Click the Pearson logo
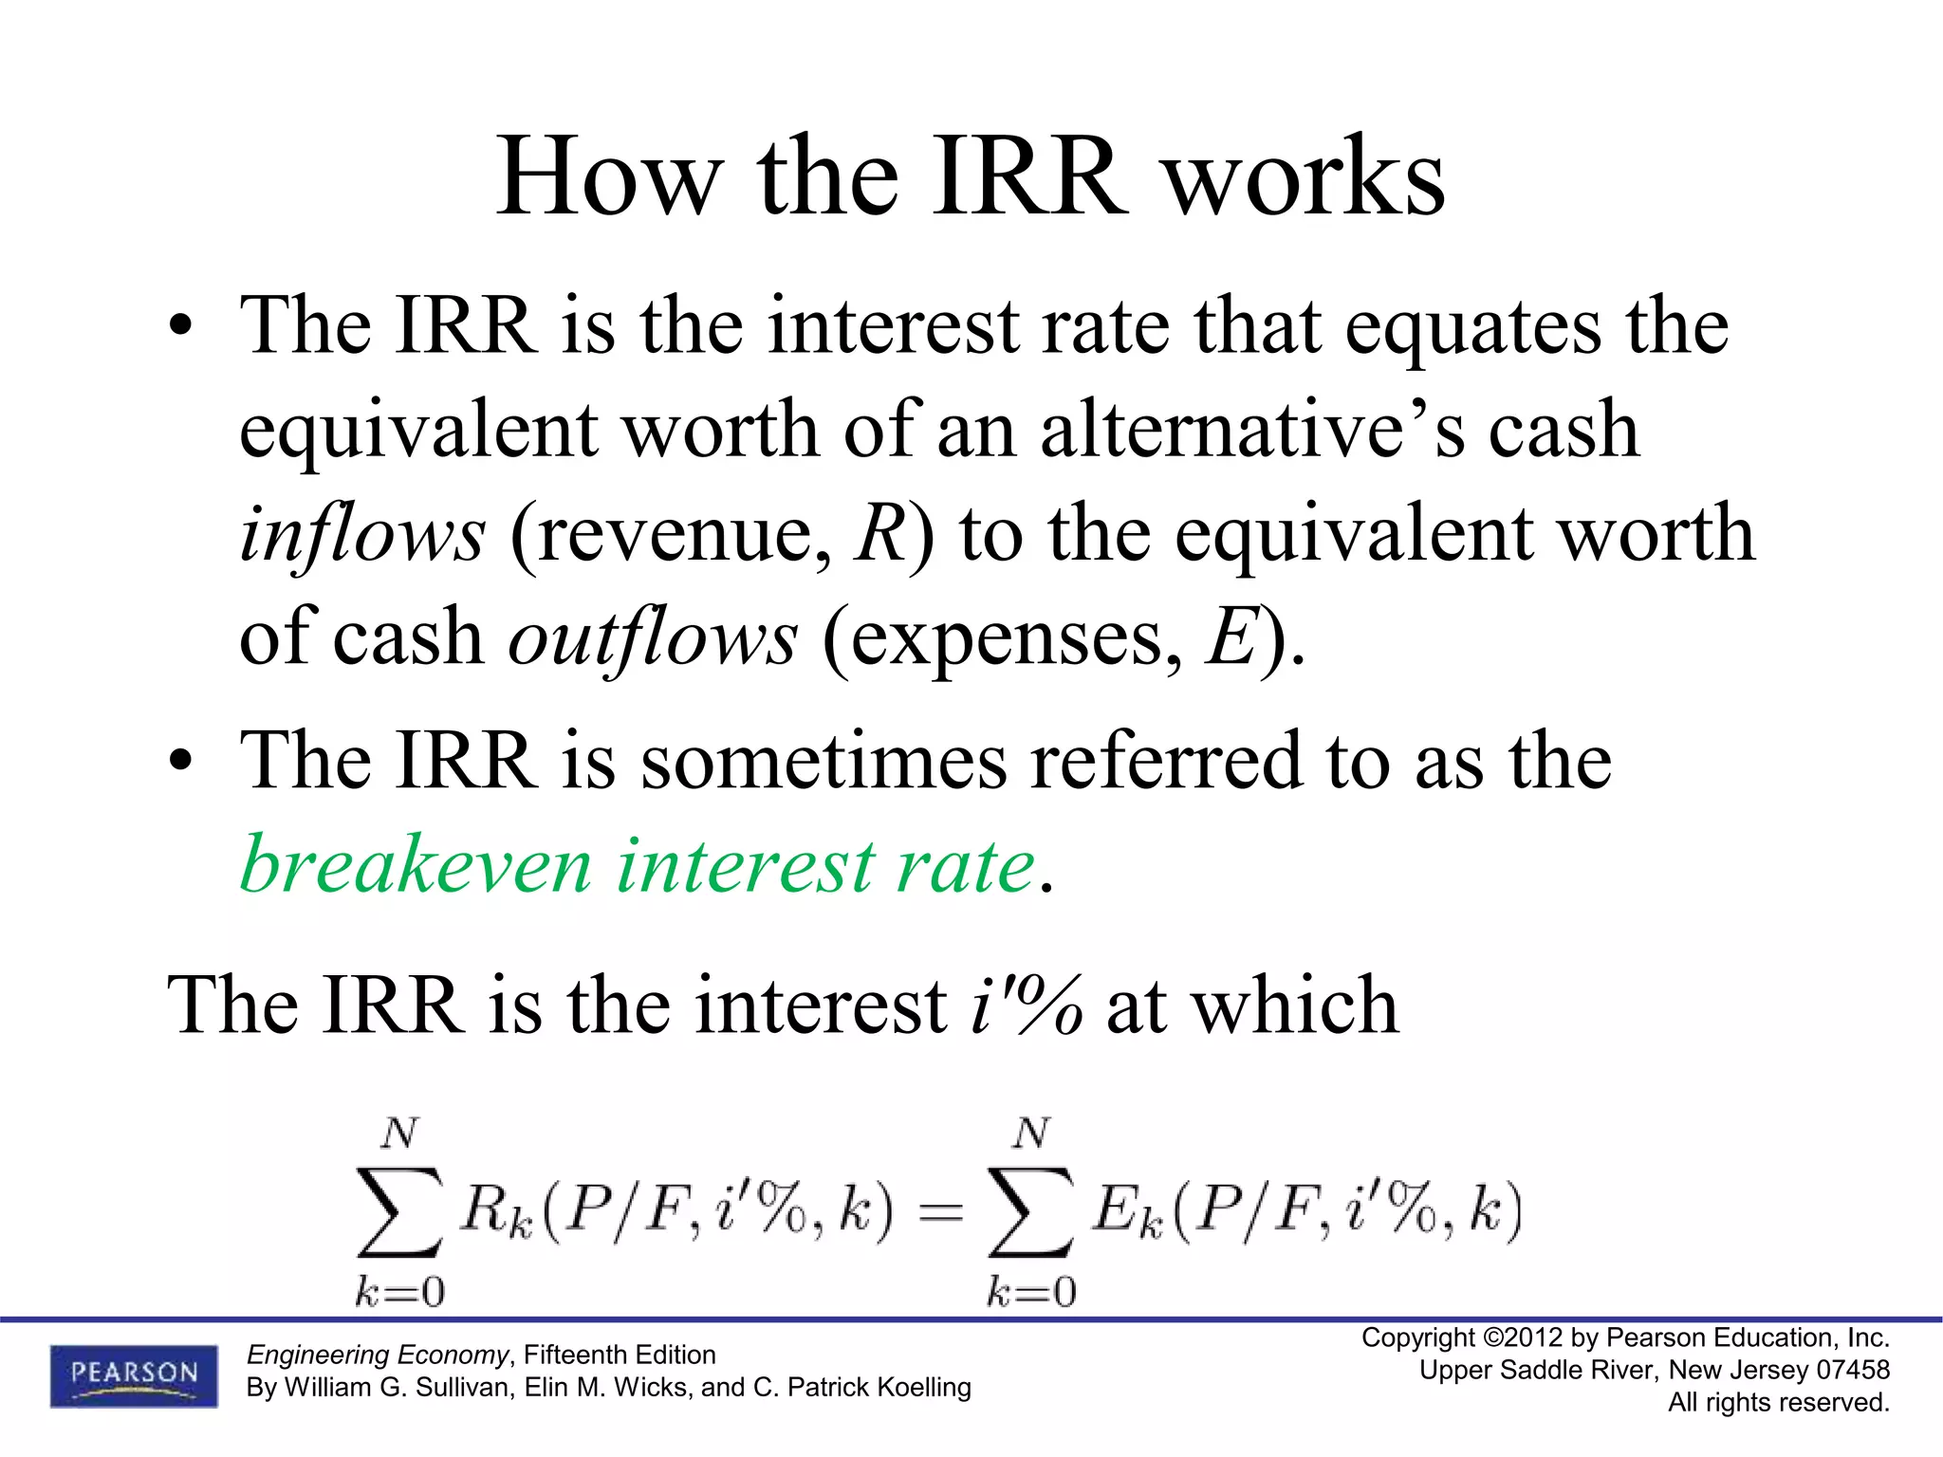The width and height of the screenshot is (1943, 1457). click(134, 1374)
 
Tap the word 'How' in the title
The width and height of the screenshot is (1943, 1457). click(608, 176)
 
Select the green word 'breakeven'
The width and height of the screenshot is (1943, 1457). click(416, 864)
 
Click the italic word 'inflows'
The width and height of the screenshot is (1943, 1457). click(362, 533)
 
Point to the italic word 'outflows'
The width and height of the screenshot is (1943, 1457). click(653, 637)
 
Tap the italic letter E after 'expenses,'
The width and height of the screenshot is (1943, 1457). click(1231, 637)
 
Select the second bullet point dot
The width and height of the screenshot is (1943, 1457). click(180, 764)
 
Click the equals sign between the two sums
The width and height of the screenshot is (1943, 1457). click(940, 1212)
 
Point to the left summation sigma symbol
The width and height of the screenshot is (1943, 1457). click(399, 1212)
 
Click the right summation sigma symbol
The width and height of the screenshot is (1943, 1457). click(1031, 1212)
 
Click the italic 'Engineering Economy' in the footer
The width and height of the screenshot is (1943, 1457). click(378, 1355)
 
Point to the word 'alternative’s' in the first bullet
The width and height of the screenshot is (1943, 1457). click(1251, 430)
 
